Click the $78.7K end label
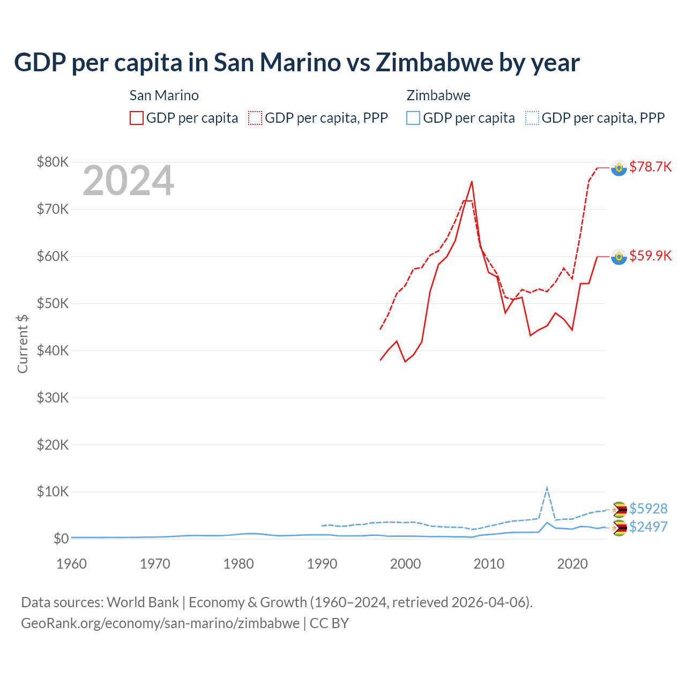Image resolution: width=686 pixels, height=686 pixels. click(650, 167)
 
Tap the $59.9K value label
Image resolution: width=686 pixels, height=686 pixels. click(650, 256)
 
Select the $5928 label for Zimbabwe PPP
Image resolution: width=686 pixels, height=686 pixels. click(648, 508)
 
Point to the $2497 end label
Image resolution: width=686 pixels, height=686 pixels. click(648, 527)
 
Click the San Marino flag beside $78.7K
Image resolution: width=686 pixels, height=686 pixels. click(619, 168)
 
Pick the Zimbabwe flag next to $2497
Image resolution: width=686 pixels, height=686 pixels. click(619, 528)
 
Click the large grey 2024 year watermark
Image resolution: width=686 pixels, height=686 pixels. click(128, 181)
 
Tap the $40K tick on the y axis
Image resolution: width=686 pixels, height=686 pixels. click(53, 351)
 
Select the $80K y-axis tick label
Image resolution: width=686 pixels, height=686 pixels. click(53, 162)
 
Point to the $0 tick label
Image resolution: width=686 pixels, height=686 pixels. click(61, 539)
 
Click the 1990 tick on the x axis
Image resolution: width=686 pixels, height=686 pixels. click(322, 564)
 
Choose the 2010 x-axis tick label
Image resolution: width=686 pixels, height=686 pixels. click(489, 564)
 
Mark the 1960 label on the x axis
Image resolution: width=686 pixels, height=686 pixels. click(71, 564)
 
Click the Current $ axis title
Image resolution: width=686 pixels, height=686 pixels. click(23, 344)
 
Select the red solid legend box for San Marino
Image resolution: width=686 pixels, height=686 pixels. click(137, 118)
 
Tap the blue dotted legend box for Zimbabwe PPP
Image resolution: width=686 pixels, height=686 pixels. click(532, 118)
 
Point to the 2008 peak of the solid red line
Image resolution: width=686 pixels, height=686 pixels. click(472, 182)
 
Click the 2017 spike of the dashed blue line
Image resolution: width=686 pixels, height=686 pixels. click(547, 488)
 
